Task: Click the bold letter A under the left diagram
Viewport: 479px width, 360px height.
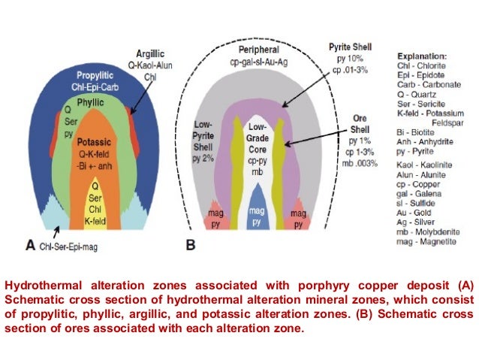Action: pos(30,244)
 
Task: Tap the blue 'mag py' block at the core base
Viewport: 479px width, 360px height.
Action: pos(256,218)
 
